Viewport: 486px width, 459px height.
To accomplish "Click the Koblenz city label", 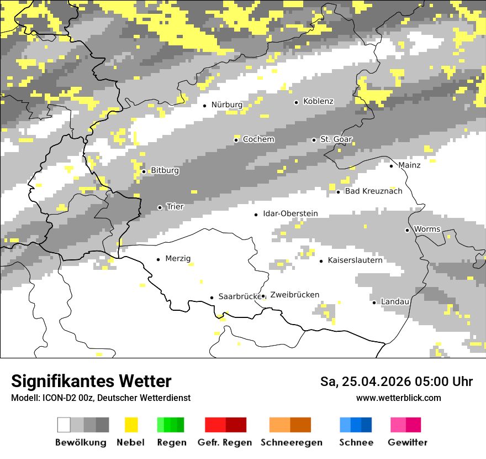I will tap(318, 101).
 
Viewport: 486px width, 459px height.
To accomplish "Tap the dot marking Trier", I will tap(160, 207).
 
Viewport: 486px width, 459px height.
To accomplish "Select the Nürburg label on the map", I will tap(227, 105).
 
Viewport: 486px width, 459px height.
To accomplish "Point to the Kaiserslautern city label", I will tap(355, 260).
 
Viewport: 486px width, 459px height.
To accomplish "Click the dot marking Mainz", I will tap(391, 165).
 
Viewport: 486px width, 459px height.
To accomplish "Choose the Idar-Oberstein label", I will tap(290, 213).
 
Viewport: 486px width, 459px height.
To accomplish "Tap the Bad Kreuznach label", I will tap(373, 191).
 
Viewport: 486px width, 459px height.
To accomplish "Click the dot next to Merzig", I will tap(158, 259).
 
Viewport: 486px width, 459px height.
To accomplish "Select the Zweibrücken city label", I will tap(295, 295).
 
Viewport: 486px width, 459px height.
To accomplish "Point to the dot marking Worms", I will tap(407, 229).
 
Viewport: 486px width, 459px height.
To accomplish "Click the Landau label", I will tap(395, 301).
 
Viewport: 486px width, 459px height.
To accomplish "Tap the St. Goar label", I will tap(336, 139).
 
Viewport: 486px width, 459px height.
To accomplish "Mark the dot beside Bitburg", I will tap(144, 171).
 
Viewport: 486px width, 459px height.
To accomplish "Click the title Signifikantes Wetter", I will tap(91, 381).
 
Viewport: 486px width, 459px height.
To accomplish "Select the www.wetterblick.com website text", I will tap(398, 398).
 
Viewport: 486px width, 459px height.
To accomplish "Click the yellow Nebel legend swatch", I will tap(131, 425).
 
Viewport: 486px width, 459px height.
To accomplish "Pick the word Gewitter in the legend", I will tap(407, 442).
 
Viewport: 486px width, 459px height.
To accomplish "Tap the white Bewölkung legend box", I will tap(64, 425).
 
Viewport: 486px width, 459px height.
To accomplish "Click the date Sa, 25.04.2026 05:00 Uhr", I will tap(396, 382).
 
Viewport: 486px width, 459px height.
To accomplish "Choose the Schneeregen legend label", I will tap(292, 442).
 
